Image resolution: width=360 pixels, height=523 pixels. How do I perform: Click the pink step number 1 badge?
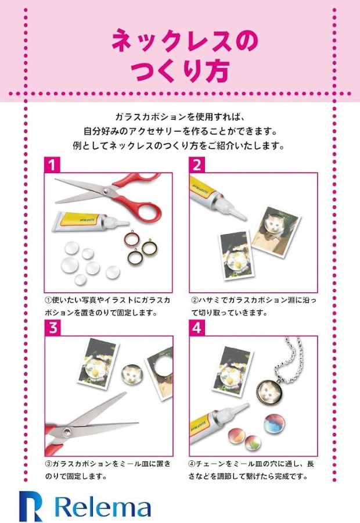point(52,165)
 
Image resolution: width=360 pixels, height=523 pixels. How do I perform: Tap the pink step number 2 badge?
point(197,165)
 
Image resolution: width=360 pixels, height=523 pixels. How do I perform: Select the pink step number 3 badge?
point(53,328)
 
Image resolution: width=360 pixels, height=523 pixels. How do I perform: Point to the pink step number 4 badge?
point(197,328)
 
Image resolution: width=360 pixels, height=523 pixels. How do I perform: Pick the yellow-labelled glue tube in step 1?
point(90,221)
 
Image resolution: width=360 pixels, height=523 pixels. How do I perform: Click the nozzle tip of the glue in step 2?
point(244,218)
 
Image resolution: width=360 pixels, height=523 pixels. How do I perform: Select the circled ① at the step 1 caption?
point(48,300)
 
